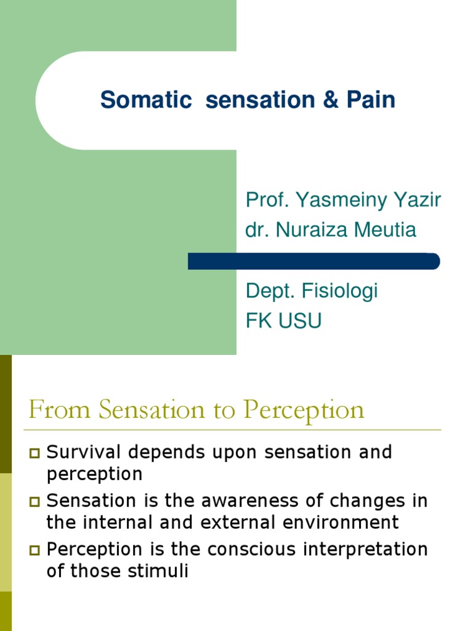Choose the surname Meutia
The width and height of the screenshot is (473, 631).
pos(386,230)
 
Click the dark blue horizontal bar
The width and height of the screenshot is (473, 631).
pos(313,261)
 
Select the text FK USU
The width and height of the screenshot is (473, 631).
pos(283,321)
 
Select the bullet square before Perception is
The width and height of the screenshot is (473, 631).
pos(34,550)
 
